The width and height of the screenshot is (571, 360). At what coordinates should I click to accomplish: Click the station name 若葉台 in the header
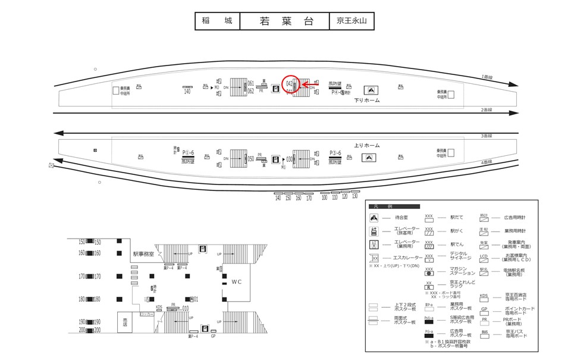tap(285, 21)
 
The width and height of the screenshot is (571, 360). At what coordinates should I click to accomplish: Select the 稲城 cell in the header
tap(218, 21)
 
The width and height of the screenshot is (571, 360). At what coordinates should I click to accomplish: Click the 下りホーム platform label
tap(367, 101)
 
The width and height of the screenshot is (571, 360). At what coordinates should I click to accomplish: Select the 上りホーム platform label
tap(367, 145)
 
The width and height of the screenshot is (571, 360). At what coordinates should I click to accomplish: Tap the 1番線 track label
tap(487, 77)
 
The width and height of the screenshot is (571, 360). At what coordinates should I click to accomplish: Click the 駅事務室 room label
tap(143, 254)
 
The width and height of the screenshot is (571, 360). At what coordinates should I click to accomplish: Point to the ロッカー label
tap(146, 313)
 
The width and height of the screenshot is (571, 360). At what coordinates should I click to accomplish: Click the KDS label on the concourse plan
tap(159, 307)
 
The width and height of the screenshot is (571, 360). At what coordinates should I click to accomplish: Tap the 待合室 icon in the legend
tap(374, 218)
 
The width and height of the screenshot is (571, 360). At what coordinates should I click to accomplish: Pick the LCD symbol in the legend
tap(484, 256)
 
